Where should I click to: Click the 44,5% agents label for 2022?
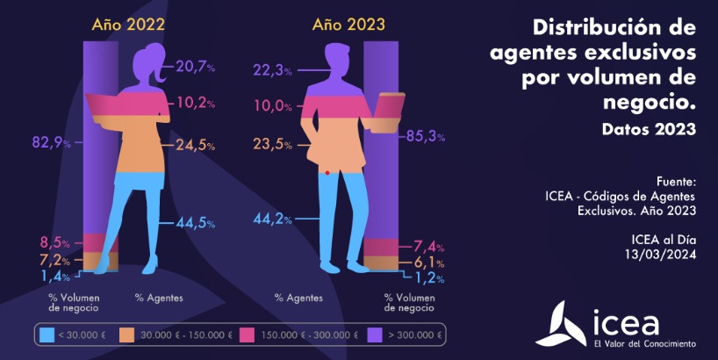pyautogui.click(x=195, y=222)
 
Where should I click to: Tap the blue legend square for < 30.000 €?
pyautogui.click(x=47, y=335)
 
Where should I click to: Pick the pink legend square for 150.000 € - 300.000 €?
pyautogui.click(x=247, y=335)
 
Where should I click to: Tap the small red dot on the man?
pyautogui.click(x=327, y=173)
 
